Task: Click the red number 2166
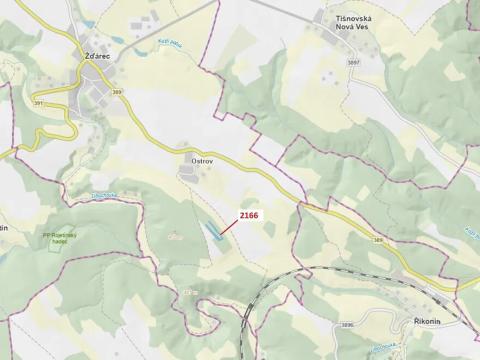tap(248, 215)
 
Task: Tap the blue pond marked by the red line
tap(214, 234)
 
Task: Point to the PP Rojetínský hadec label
tap(58, 238)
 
